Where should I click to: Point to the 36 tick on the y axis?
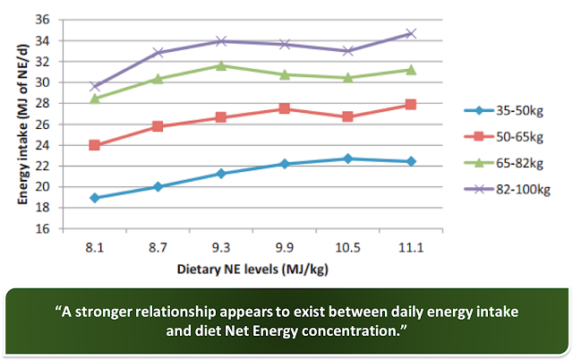click(x=41, y=20)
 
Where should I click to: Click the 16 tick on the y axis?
click(x=41, y=228)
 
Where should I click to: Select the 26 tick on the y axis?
click(x=41, y=124)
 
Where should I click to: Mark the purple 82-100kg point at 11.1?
click(x=411, y=33)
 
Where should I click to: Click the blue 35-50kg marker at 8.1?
click(x=94, y=198)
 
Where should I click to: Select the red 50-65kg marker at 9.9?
click(x=284, y=108)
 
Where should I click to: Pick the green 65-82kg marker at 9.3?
click(x=220, y=65)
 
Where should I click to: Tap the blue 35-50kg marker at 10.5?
click(x=347, y=159)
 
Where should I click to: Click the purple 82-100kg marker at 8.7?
click(x=158, y=53)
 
